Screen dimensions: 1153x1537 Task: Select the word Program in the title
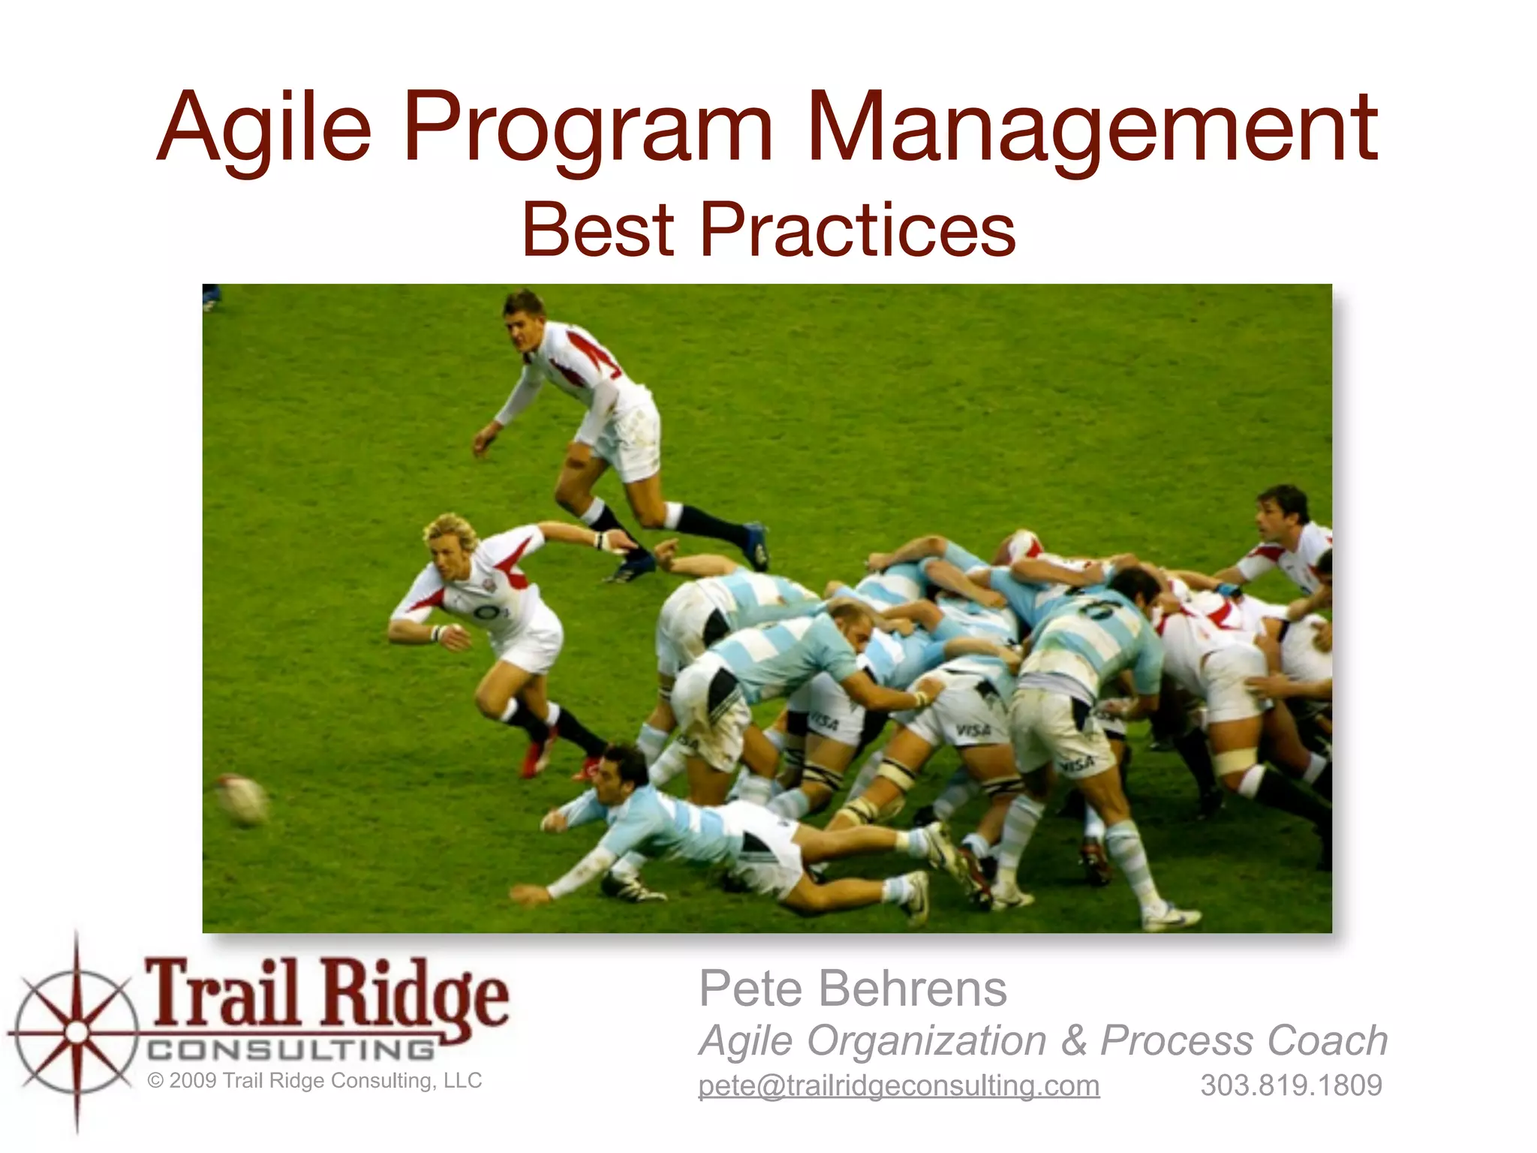pos(587,128)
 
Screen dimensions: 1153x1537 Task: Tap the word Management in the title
pos(1091,128)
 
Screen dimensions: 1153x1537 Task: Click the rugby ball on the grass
pos(242,799)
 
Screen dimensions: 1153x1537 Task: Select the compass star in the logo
pos(76,1033)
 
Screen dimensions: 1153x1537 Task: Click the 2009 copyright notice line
pos(314,1081)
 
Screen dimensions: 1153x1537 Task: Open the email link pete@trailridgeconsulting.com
pos(898,1085)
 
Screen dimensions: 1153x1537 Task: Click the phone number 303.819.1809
pos(1291,1085)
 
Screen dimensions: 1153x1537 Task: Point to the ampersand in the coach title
pos(1074,1041)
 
